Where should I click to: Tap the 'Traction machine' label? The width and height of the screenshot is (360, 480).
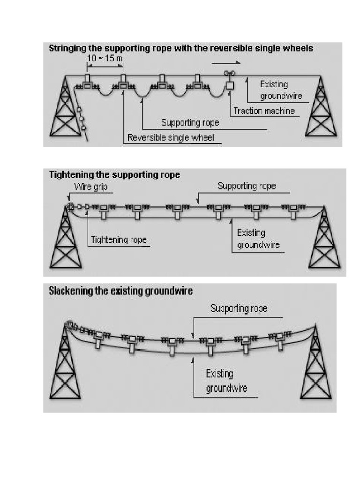[x=264, y=111]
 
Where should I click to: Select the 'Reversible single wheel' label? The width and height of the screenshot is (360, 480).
[x=171, y=138]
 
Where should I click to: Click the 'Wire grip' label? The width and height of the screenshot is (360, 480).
[x=93, y=187]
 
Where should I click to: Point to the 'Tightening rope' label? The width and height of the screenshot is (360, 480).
[x=119, y=240]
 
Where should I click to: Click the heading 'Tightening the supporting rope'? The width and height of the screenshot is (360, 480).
[x=114, y=175]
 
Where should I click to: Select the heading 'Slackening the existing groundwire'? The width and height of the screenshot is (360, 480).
[x=121, y=291]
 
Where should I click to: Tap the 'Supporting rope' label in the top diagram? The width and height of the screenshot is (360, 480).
[x=190, y=123]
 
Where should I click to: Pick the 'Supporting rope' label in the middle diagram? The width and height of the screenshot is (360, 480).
[x=247, y=186]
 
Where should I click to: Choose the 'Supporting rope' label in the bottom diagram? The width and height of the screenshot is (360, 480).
[x=239, y=308]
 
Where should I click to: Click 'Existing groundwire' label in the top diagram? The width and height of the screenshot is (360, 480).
[x=281, y=90]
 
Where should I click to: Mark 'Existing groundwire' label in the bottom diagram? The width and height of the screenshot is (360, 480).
[x=226, y=381]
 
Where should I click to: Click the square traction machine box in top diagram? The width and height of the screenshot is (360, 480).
[x=230, y=86]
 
